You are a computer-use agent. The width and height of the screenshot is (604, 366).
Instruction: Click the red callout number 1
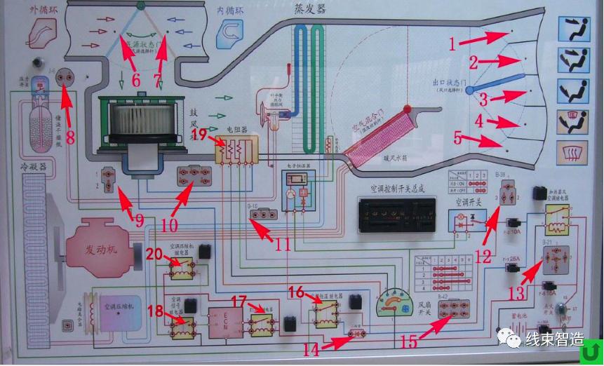[454, 43]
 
